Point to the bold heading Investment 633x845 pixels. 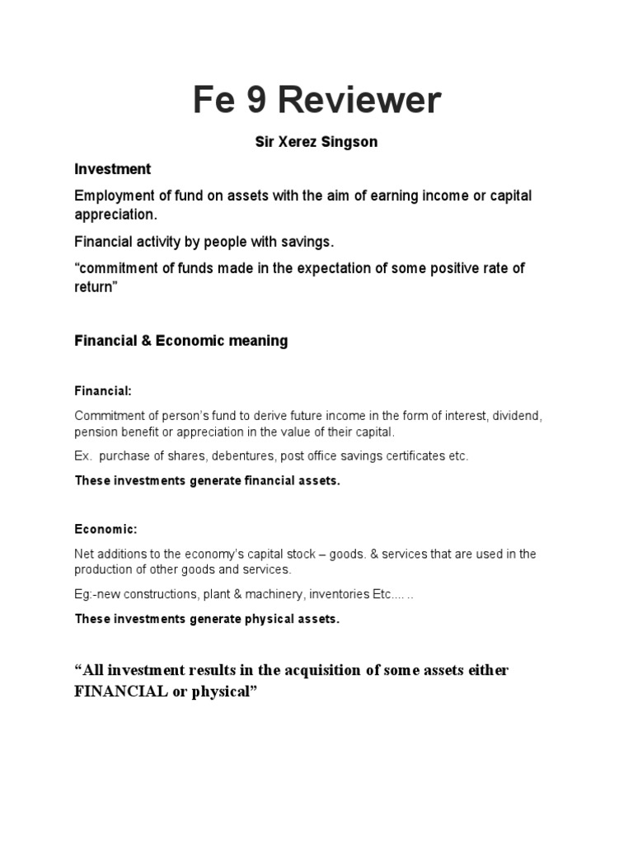pyautogui.click(x=112, y=169)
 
